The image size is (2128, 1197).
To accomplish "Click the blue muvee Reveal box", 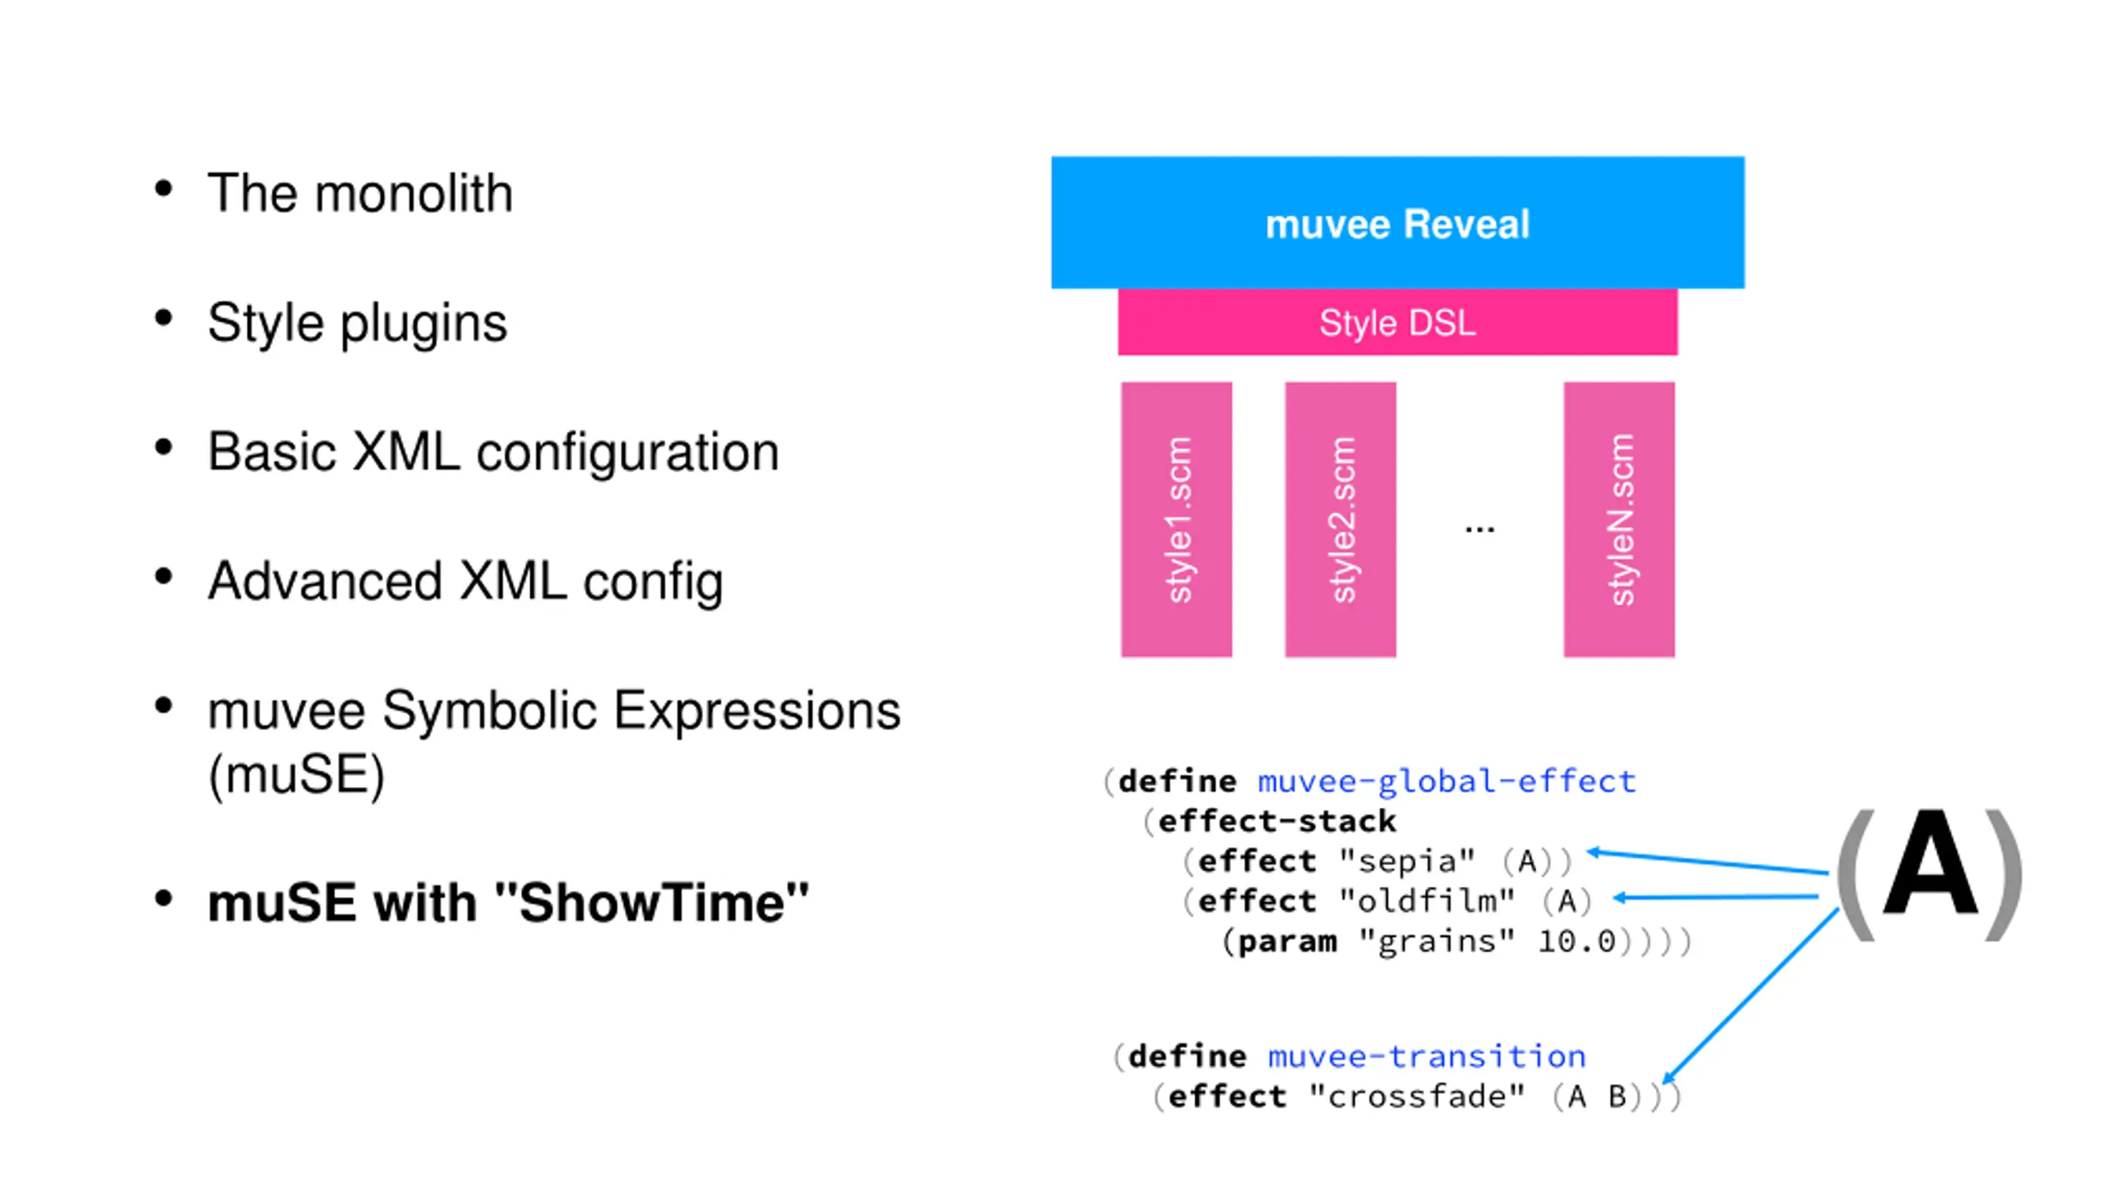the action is (1397, 222).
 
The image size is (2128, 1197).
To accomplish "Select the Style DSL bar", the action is (1397, 322).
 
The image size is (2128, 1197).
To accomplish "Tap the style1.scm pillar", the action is (1176, 520).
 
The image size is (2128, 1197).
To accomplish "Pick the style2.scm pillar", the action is (1340, 520).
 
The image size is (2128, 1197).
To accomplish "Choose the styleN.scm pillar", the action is (1618, 520).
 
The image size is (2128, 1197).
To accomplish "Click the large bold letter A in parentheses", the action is (1930, 864).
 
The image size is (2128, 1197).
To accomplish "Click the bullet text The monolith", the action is (360, 194).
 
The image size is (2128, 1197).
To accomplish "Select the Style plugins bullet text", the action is (357, 323).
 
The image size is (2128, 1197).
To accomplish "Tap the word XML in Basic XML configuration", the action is (406, 452).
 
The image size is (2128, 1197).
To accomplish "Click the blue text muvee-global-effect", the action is (1446, 781).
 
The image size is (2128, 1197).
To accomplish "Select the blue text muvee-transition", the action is (1426, 1057).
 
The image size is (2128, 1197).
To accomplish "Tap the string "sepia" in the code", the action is (1408, 861).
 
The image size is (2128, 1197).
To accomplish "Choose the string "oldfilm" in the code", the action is (1427, 900).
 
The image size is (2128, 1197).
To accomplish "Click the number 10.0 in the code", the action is (1576, 942).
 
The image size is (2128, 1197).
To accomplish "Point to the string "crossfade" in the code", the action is (1417, 1096).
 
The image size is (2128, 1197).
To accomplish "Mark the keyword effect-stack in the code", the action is (1277, 821).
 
